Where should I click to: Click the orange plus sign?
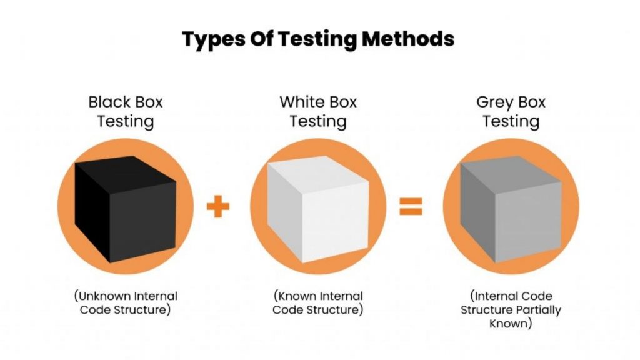pyautogui.click(x=218, y=206)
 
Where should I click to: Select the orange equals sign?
pyautogui.click(x=411, y=206)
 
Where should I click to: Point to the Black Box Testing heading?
pyautogui.click(x=125, y=111)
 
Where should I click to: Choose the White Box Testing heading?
pyautogui.click(x=318, y=111)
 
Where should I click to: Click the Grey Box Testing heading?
pyautogui.click(x=511, y=111)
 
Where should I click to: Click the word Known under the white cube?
pyautogui.click(x=296, y=296)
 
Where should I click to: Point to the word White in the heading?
pyautogui.click(x=299, y=101)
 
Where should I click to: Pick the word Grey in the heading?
pyautogui.click(x=494, y=101)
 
